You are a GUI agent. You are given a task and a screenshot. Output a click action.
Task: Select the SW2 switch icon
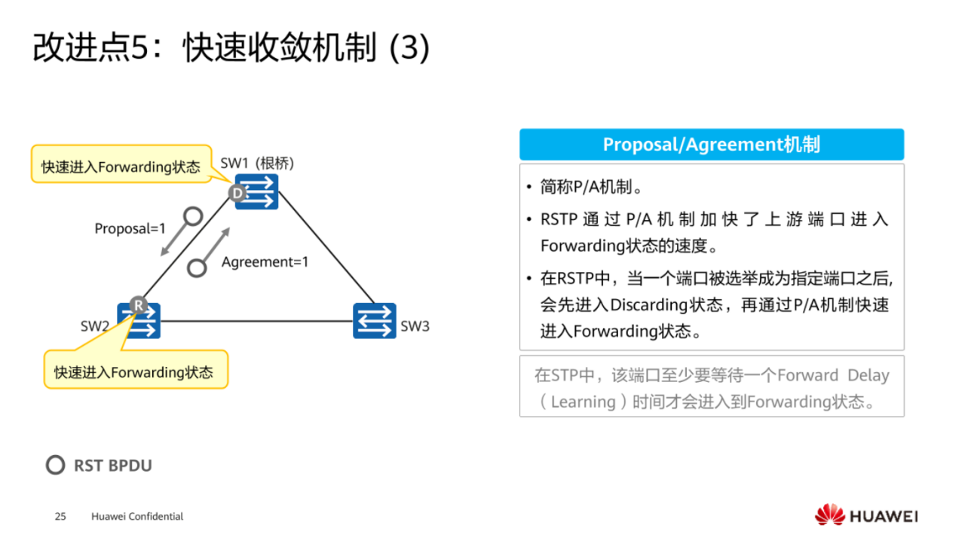[x=141, y=321]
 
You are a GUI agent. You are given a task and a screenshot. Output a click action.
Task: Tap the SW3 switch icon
[x=374, y=320]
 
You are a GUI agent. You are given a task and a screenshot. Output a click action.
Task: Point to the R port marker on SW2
[x=138, y=304]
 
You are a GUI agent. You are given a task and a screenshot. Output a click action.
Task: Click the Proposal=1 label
[x=130, y=228]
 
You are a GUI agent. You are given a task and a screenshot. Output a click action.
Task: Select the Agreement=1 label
[x=265, y=262]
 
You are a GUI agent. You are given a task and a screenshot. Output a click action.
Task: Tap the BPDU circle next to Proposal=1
[x=193, y=217]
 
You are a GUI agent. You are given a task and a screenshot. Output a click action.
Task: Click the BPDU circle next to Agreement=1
[x=198, y=267]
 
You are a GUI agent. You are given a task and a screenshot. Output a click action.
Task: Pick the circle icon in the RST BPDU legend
[x=55, y=465]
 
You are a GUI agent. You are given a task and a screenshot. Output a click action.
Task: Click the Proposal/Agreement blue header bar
[x=711, y=144]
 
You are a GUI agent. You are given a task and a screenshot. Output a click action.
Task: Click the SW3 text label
[x=415, y=326]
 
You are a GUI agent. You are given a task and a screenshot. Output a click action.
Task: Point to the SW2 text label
[x=95, y=326]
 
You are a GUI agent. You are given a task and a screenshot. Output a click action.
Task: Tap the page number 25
[x=60, y=516]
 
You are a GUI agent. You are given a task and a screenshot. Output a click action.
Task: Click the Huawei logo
[x=865, y=515]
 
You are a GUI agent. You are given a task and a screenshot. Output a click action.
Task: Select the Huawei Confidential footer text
[x=137, y=516]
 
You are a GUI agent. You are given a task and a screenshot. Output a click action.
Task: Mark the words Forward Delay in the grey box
[x=833, y=375]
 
